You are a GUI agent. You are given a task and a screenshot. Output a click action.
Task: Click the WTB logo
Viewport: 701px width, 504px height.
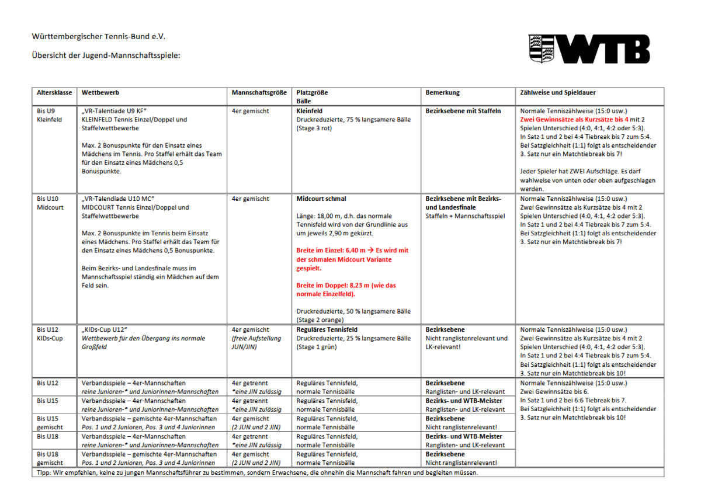(x=589, y=49)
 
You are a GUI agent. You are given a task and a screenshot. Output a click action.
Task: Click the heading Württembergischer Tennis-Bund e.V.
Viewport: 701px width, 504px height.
(x=99, y=36)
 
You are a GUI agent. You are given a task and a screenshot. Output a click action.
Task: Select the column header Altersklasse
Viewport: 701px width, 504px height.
(x=54, y=92)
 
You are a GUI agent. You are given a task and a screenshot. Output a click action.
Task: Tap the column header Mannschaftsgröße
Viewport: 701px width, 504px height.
(x=259, y=92)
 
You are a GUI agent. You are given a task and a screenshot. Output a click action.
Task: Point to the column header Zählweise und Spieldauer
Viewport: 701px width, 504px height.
(x=558, y=92)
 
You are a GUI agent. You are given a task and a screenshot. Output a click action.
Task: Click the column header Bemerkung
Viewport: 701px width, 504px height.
(x=442, y=92)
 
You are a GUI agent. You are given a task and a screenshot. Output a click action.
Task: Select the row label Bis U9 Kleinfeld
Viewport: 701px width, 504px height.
(x=49, y=115)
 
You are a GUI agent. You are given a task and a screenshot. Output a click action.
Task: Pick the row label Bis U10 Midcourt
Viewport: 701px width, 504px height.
(x=50, y=203)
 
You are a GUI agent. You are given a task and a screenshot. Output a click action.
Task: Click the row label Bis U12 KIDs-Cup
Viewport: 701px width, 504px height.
(x=50, y=334)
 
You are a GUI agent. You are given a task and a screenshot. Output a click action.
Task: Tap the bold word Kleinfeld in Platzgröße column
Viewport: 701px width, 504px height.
(x=310, y=110)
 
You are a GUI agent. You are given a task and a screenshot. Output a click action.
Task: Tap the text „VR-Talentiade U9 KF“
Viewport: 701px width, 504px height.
(x=114, y=111)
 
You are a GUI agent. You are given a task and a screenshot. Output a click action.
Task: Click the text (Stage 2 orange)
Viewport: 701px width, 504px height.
(x=320, y=320)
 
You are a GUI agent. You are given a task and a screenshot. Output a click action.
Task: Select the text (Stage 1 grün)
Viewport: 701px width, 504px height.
(x=318, y=347)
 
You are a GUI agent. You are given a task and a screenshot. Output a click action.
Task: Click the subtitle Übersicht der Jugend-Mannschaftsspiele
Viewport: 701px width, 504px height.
(x=106, y=55)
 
